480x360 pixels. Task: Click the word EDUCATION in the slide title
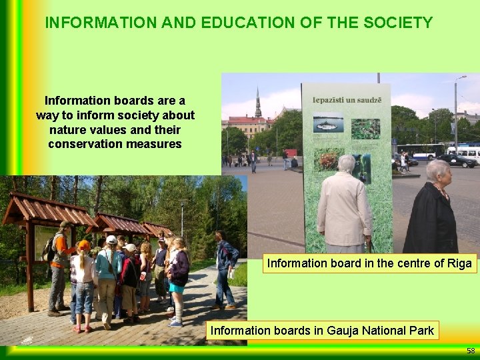click(x=238, y=23)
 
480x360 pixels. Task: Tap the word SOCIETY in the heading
click(x=399, y=23)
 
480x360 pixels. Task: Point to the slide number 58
click(x=471, y=351)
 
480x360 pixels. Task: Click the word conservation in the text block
click(x=80, y=143)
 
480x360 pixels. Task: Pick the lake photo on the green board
click(x=329, y=125)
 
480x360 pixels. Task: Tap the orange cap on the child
click(x=84, y=245)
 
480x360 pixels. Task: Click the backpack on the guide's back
click(x=49, y=249)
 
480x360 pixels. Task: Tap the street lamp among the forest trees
click(x=181, y=220)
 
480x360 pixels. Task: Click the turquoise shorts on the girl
click(x=176, y=288)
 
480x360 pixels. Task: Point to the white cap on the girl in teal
click(x=111, y=239)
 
